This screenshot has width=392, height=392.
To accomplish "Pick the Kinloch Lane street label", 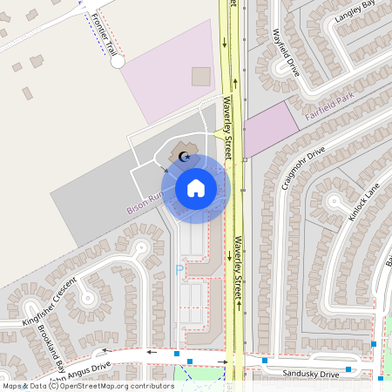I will pos(363,201).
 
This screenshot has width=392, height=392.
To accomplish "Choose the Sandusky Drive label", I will pos(310,374).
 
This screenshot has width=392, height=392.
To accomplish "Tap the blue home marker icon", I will pos(196,186).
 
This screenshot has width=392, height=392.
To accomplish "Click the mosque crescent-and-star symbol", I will pos(183,157).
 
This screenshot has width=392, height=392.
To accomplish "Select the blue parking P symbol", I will pos(180,270).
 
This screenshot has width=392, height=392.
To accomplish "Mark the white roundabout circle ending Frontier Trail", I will pos(118,62).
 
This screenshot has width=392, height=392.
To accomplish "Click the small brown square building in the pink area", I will pos(201,77).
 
